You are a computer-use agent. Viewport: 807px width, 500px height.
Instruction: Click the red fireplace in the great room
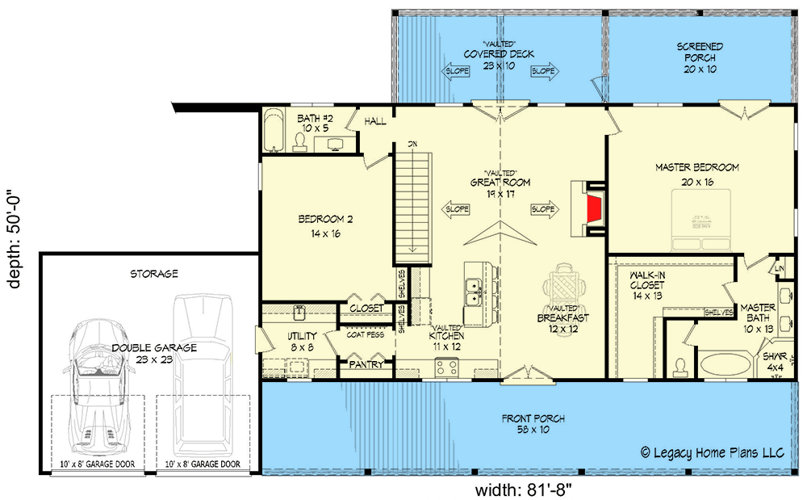[595, 208]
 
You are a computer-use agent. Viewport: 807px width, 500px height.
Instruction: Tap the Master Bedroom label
[696, 174]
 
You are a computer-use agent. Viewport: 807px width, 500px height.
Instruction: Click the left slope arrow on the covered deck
[457, 71]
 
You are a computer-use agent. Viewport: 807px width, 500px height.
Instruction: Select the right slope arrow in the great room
[544, 209]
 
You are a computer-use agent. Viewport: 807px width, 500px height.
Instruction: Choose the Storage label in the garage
[153, 274]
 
